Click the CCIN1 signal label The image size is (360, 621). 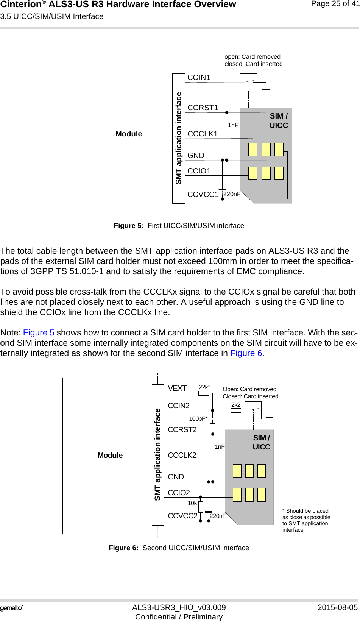[x=199, y=78]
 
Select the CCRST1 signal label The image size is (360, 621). [x=203, y=108]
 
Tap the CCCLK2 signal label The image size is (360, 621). [x=182, y=456]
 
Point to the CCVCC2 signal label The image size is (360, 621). [x=182, y=516]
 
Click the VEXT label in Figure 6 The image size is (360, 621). [x=177, y=389]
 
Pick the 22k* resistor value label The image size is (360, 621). [x=204, y=387]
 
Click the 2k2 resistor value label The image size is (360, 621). [x=236, y=404]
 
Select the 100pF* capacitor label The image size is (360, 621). [x=198, y=419]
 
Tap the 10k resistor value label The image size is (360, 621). [x=192, y=503]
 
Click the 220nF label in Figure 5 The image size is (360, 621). [x=232, y=194]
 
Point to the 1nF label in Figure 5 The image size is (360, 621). [x=233, y=125]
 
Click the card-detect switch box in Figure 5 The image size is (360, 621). [x=248, y=82]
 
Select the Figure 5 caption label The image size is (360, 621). [x=179, y=226]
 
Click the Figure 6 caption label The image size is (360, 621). [x=179, y=548]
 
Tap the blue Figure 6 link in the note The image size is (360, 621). [x=246, y=353]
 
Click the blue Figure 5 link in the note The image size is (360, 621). [x=39, y=333]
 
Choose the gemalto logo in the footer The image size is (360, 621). [x=12, y=608]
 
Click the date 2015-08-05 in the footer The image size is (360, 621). [x=337, y=607]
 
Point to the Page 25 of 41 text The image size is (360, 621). [x=335, y=4]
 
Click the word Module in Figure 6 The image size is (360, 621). [x=110, y=456]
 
